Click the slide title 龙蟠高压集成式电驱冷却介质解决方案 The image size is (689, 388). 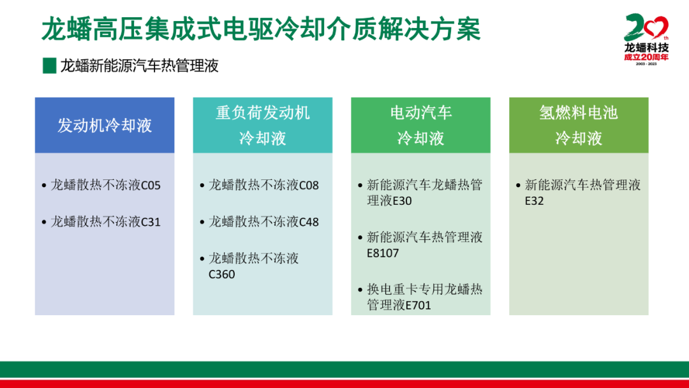coord(261,29)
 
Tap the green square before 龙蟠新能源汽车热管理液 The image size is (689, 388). coord(49,66)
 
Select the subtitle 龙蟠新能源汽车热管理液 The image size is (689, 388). coord(139,66)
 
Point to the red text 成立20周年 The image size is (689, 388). coord(646,57)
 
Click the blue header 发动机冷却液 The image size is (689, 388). coord(105,125)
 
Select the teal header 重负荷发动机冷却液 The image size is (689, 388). coord(263,125)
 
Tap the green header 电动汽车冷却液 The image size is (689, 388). coord(420,125)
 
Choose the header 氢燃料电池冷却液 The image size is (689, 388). coord(579,125)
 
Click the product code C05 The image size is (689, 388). coord(151,186)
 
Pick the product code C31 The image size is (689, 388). coord(151,222)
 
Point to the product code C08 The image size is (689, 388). coord(309,186)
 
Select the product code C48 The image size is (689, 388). coord(309,222)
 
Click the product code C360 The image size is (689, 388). coord(222,274)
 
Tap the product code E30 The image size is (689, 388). coord(402,201)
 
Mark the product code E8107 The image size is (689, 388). coord(383,253)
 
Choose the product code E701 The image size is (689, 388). coord(418,305)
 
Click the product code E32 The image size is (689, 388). coord(535,201)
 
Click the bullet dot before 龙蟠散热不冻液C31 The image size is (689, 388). coord(44,222)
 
